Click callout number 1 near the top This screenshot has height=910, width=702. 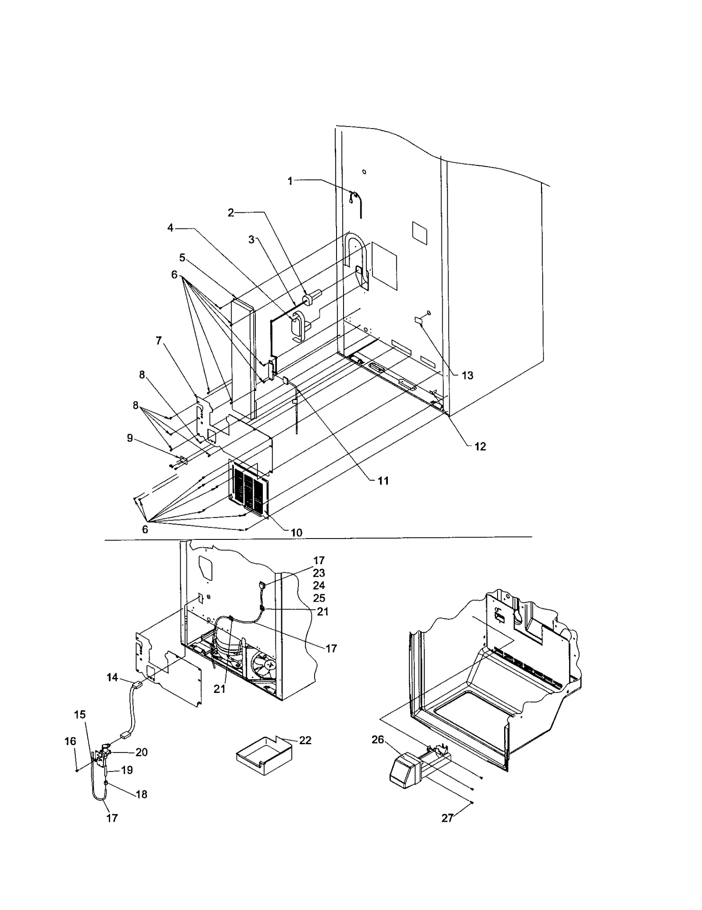[x=290, y=181]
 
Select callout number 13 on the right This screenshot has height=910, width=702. [x=467, y=375]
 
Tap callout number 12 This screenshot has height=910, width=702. [x=480, y=446]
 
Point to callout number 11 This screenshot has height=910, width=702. [x=383, y=481]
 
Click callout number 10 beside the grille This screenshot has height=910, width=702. [x=297, y=532]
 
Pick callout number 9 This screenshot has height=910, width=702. [x=130, y=438]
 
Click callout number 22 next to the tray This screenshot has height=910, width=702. [x=305, y=740]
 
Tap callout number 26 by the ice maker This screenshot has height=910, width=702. [x=378, y=740]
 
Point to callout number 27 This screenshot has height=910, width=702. [x=447, y=818]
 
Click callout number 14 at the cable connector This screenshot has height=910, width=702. [x=112, y=678]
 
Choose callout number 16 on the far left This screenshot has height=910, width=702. [x=70, y=741]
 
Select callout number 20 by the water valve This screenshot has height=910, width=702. [x=141, y=752]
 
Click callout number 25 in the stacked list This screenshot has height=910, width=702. [x=319, y=598]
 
